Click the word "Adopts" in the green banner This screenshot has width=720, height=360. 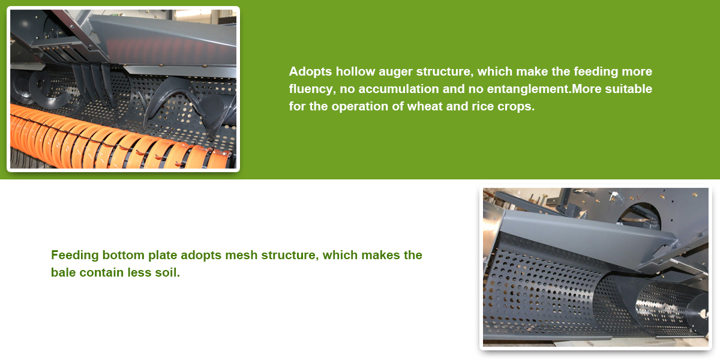[310, 71]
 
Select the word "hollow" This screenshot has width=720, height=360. [355, 71]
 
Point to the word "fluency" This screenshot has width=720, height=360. [312, 89]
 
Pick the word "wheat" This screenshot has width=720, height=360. [425, 106]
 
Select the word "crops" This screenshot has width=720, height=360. [515, 107]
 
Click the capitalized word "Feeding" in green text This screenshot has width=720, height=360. [75, 256]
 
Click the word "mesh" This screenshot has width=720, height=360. [241, 255]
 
